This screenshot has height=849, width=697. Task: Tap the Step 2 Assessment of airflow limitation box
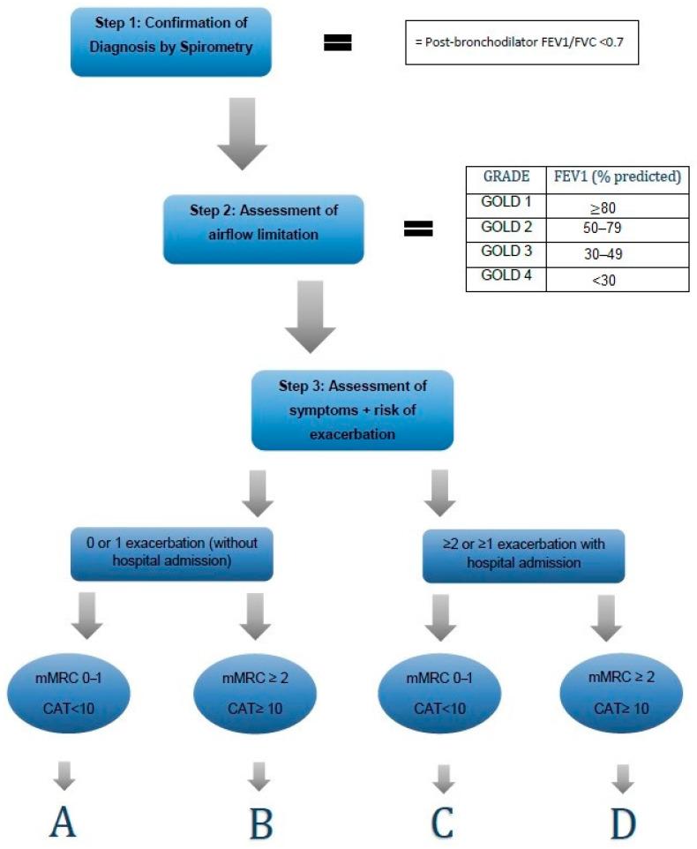click(x=263, y=229)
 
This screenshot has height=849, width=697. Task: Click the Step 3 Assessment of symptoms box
click(x=352, y=409)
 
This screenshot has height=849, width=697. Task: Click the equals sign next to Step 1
click(x=338, y=42)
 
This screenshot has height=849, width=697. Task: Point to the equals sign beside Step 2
click(x=418, y=229)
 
